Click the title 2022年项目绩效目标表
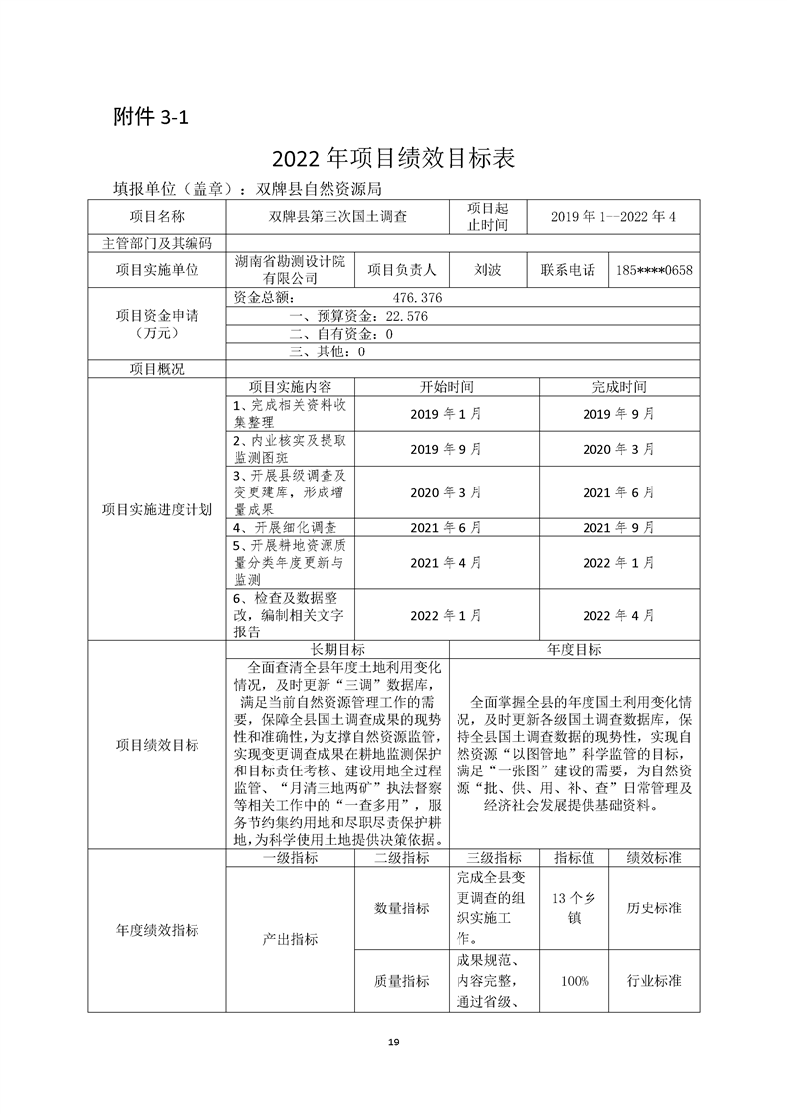393,159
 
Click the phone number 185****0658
654,270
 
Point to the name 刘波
487,270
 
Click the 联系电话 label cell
568,270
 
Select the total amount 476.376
417,297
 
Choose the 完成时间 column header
618,386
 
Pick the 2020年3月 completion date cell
618,449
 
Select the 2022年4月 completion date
618,616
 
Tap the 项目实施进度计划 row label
157,510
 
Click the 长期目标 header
337,649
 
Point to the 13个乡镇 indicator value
574,907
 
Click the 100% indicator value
574,981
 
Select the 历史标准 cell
654,907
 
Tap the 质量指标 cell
401,981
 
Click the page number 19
393,1042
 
